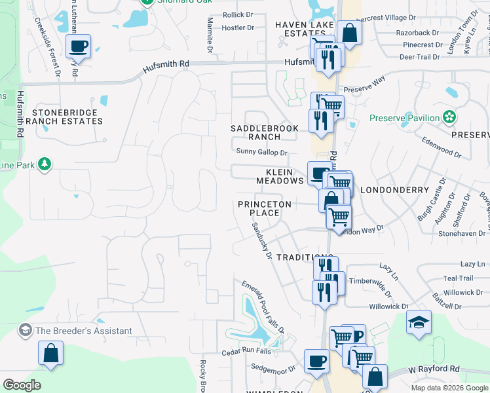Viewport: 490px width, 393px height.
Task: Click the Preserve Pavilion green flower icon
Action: tap(449, 118)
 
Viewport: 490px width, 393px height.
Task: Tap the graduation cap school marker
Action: tap(419, 322)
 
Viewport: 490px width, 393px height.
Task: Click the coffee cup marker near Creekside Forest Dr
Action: tap(79, 46)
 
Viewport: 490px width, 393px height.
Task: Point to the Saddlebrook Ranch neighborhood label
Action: tap(265, 132)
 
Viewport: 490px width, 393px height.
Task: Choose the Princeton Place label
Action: tap(264, 209)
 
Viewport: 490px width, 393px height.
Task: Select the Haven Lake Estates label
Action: tap(305, 29)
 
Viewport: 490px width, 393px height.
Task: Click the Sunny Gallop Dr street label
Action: tap(262, 153)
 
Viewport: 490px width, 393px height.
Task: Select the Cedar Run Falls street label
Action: tap(246, 351)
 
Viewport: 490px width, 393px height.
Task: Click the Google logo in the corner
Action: tap(22, 384)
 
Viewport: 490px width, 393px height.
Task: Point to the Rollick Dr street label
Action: tap(238, 14)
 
